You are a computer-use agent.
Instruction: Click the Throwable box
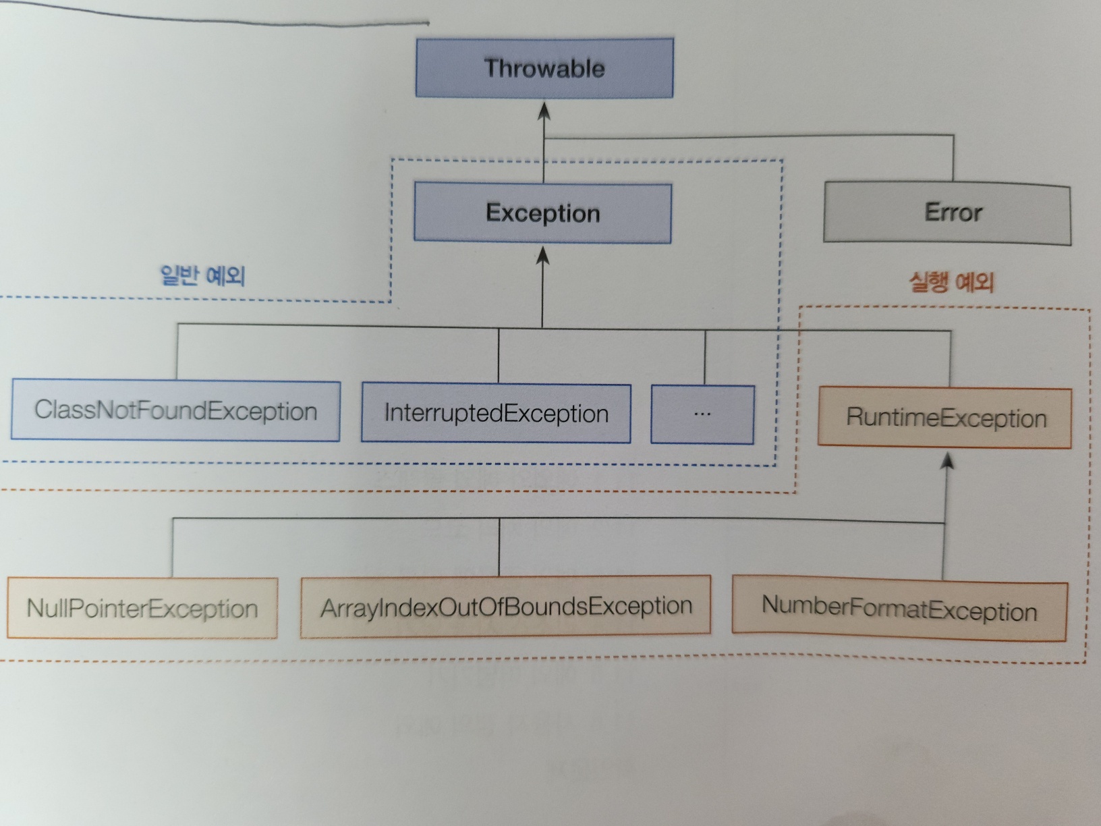pyautogui.click(x=544, y=68)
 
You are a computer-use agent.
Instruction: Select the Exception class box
pyautogui.click(x=542, y=213)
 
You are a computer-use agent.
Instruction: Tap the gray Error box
pyautogui.click(x=947, y=213)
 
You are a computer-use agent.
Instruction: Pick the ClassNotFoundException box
pyautogui.click(x=175, y=411)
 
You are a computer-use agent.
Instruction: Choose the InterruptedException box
pyautogui.click(x=496, y=413)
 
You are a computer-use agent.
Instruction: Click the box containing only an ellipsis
pyautogui.click(x=702, y=414)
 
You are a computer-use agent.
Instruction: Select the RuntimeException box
pyautogui.click(x=944, y=418)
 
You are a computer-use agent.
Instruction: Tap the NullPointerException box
pyautogui.click(x=142, y=608)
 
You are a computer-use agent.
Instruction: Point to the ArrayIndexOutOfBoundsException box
pyautogui.click(x=505, y=607)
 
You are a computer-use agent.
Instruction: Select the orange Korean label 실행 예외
pyautogui.click(x=951, y=281)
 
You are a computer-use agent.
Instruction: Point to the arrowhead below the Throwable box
pyautogui.click(x=544, y=111)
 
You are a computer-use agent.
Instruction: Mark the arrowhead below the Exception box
pyautogui.click(x=542, y=256)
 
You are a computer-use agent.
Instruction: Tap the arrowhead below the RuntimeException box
pyautogui.click(x=948, y=461)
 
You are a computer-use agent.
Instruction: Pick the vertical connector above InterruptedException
pyautogui.click(x=499, y=356)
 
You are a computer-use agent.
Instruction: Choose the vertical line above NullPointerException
pyautogui.click(x=173, y=547)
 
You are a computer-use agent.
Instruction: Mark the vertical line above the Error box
pyautogui.click(x=953, y=159)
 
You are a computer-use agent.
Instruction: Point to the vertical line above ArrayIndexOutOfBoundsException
pyautogui.click(x=499, y=547)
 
